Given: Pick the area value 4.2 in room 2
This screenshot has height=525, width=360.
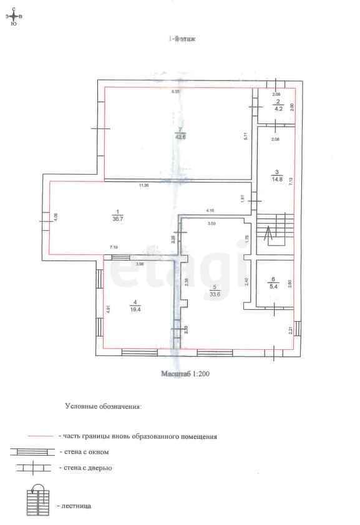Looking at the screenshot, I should pyautogui.click(x=279, y=108).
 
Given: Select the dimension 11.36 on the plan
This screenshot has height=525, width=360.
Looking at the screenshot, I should pyautogui.click(x=144, y=185).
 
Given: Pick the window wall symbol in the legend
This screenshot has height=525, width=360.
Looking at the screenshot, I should pyautogui.click(x=32, y=451).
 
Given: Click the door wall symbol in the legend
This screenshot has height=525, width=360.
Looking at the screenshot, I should pyautogui.click(x=32, y=467).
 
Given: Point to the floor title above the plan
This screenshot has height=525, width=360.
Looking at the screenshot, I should pyautogui.click(x=180, y=39).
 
